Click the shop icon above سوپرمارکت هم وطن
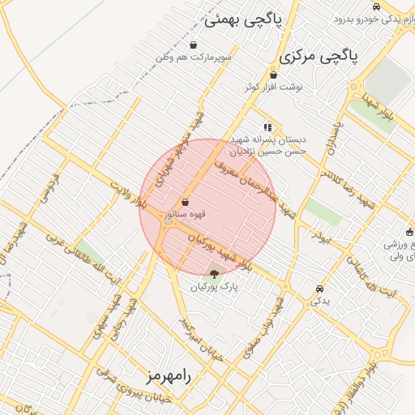pyautogui.click(x=194, y=45)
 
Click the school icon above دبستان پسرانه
pyautogui.click(x=267, y=127)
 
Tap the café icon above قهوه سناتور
pyautogui.click(x=186, y=202)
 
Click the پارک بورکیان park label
pyautogui.click(x=214, y=287)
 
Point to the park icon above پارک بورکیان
pyautogui.click(x=214, y=274)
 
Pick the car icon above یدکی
pyautogui.click(x=319, y=289)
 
